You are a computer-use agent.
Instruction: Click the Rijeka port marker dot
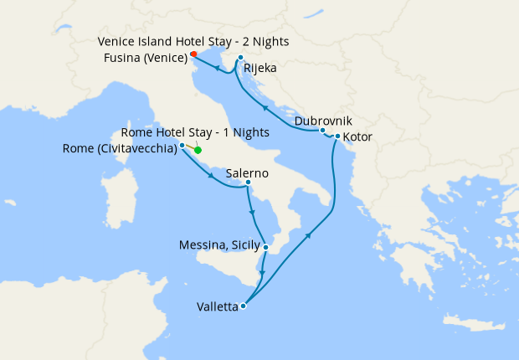point(240,58)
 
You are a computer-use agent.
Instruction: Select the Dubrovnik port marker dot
point(322,130)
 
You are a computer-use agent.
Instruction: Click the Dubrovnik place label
point(323,121)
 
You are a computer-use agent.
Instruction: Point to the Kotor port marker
point(337,136)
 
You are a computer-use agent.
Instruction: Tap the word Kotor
point(358,136)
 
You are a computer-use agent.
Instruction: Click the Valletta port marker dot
point(243,306)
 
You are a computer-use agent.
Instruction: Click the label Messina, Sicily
point(220,245)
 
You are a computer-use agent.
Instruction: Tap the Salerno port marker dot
point(248,183)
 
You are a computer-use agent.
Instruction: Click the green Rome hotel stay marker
point(198,151)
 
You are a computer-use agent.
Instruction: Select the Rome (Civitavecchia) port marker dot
point(182,146)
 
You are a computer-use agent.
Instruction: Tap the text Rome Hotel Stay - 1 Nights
point(195,132)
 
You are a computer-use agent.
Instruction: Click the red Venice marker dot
point(193,54)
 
